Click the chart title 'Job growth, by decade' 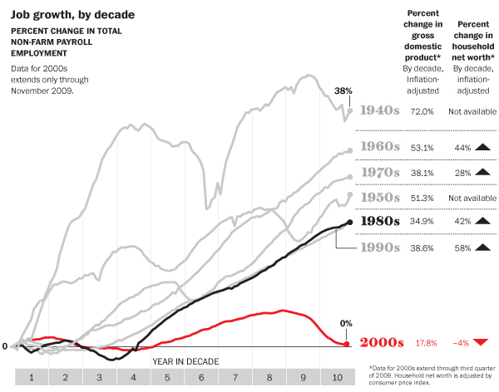tap(62, 15)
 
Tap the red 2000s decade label tap(380, 343)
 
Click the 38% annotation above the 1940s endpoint tap(343, 91)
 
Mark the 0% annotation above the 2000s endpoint tap(347, 323)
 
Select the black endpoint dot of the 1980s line tap(349, 222)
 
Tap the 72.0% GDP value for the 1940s tap(423, 110)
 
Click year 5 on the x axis tap(167, 377)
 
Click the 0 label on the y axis tap(4, 345)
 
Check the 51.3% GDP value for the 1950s tap(423, 198)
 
